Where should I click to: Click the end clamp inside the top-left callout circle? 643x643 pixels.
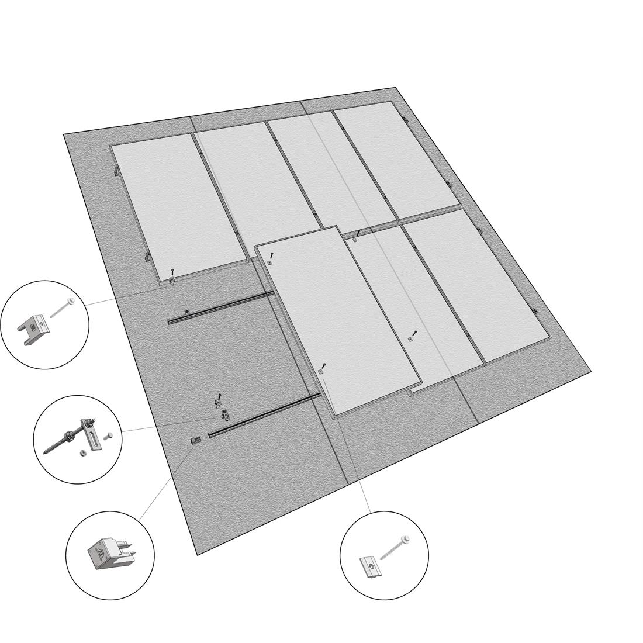[34, 331]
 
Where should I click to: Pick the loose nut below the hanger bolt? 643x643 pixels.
[83, 452]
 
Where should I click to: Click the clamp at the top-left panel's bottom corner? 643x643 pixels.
[171, 282]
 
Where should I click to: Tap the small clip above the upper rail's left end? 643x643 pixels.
[186, 312]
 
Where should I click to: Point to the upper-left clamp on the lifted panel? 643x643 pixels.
[269, 262]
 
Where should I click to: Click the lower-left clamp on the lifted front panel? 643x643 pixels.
[320, 371]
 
